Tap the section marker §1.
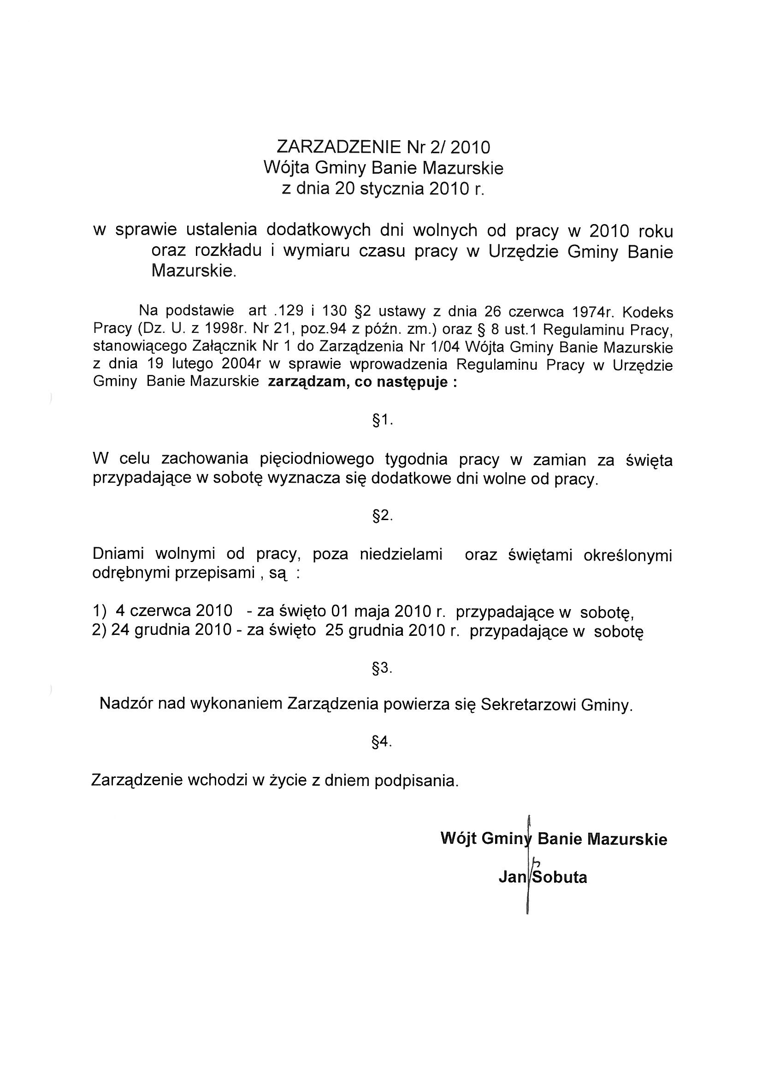[x=382, y=420]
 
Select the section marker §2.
[x=382, y=516]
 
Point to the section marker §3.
[x=382, y=668]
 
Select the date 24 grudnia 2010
[x=171, y=630]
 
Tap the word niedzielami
[x=401, y=555]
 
